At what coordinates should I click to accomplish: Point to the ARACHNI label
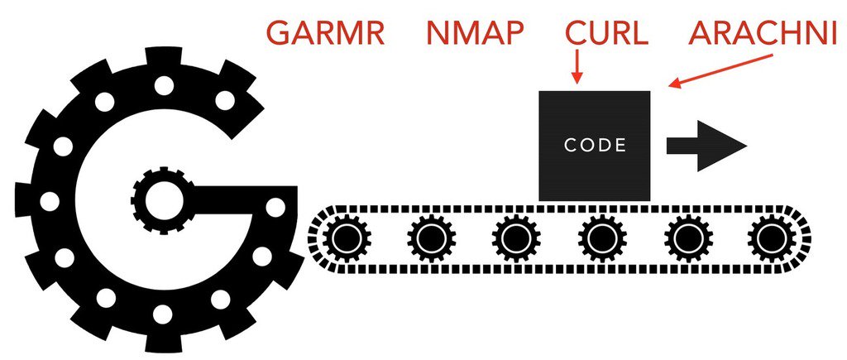[763, 34]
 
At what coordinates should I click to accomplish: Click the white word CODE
[595, 145]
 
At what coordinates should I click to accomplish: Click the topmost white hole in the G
[163, 85]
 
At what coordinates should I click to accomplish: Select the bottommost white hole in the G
[163, 314]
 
